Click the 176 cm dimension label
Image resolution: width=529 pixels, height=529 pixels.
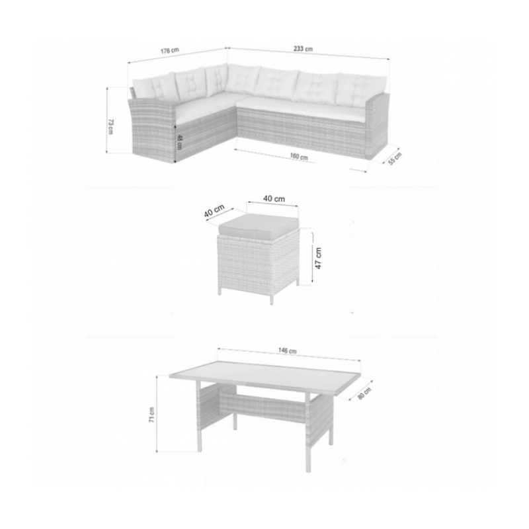tap(171, 50)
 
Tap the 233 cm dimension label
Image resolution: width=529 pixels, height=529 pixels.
tap(304, 48)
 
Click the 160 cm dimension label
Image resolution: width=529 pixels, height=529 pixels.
tap(299, 157)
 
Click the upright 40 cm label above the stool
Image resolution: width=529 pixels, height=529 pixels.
tap(274, 198)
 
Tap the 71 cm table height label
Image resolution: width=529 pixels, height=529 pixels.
tap(152, 415)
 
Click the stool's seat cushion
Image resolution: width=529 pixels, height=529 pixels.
tap(258, 226)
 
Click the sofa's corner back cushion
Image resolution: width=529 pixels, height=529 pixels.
tap(217, 79)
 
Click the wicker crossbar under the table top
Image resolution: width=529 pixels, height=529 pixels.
tap(261, 404)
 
